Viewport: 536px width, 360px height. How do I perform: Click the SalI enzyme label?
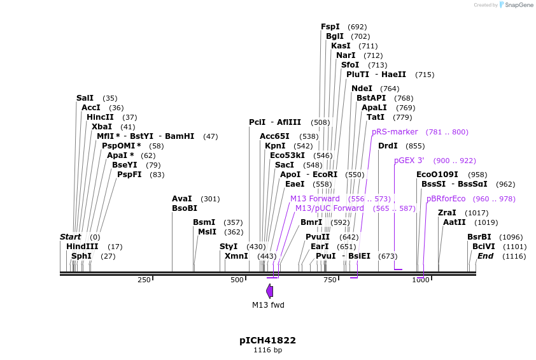click(85, 98)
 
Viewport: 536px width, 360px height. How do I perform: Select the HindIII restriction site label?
click(82, 247)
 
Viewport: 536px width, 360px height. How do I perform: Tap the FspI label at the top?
click(330, 27)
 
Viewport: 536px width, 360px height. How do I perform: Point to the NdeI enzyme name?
click(362, 89)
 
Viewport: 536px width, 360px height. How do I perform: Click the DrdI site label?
click(388, 146)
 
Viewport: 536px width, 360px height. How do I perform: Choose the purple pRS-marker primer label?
click(395, 132)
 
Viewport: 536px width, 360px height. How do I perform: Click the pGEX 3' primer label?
click(409, 161)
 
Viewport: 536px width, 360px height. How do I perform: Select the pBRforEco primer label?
click(446, 199)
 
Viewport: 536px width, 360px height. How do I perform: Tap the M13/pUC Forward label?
click(330, 208)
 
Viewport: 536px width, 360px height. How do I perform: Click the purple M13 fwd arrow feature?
click(269, 291)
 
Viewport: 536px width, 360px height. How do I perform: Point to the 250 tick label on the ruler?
click(144, 280)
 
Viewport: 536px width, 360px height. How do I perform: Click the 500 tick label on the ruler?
click(237, 280)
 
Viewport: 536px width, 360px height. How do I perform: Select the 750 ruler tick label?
click(330, 280)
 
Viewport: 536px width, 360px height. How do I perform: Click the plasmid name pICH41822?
click(267, 340)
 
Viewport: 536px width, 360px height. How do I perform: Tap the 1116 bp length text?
click(267, 350)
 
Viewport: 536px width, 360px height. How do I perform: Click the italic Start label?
click(70, 237)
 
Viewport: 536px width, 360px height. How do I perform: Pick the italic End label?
click(485, 256)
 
